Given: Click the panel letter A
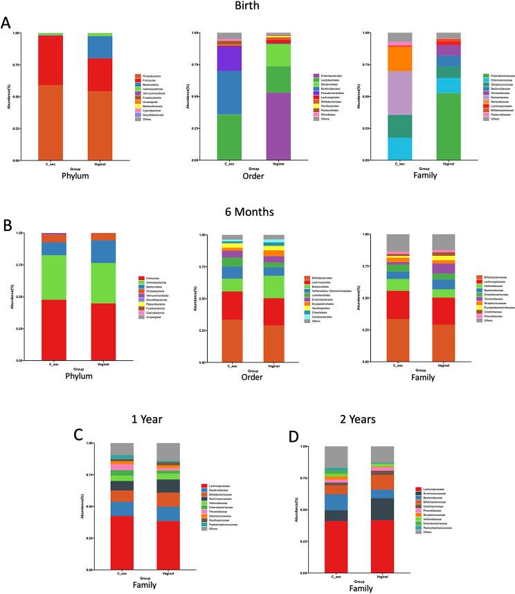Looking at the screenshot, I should [x=6, y=22].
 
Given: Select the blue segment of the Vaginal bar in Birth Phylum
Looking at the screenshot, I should [x=101, y=47].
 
